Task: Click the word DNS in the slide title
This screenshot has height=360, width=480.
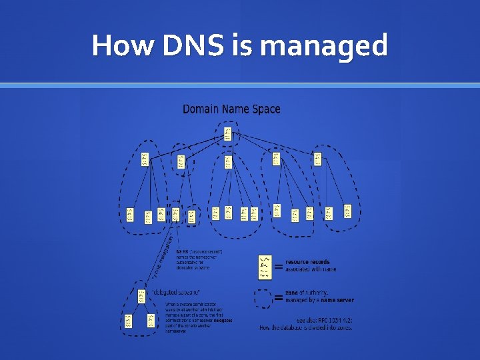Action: pyautogui.click(x=181, y=46)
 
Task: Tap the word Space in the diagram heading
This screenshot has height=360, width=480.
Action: pyautogui.click(x=267, y=109)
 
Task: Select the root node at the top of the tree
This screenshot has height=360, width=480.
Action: pyautogui.click(x=228, y=133)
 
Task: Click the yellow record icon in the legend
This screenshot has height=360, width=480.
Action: pyautogui.click(x=265, y=266)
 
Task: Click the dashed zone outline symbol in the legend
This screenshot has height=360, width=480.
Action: pyautogui.click(x=264, y=297)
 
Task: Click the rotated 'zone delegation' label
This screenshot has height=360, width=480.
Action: pyautogui.click(x=163, y=256)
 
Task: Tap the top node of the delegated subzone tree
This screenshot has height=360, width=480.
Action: pyautogui.click(x=141, y=295)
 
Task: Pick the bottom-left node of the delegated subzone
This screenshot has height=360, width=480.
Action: pyautogui.click(x=129, y=321)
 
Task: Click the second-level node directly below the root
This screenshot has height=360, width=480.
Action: pyautogui.click(x=228, y=161)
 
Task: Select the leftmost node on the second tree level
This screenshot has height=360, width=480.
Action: pyautogui.click(x=145, y=159)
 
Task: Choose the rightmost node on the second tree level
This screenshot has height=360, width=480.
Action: pyautogui.click(x=317, y=159)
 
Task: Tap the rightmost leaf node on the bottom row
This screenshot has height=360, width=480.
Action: pyautogui.click(x=347, y=211)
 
